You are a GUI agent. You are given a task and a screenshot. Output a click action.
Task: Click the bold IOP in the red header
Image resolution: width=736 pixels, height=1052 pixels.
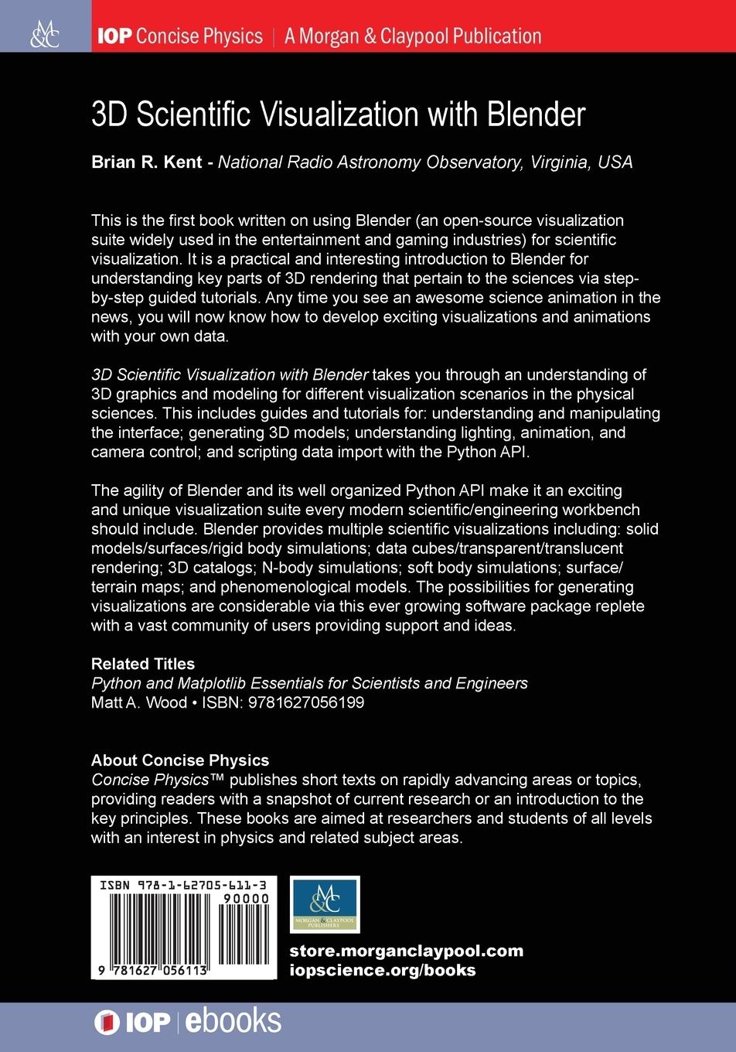point(114,36)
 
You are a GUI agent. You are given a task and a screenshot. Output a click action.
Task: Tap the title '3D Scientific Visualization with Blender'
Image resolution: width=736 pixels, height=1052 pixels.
point(338,114)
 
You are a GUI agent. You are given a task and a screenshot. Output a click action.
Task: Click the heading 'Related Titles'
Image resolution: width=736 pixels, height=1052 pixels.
point(143,664)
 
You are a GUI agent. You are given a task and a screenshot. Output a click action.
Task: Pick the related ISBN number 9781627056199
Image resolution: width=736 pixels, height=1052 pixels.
point(302,702)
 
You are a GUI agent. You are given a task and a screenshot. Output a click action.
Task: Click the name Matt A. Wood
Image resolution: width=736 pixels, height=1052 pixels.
point(139,702)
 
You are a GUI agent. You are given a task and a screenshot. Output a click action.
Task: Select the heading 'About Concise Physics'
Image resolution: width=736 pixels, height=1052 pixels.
point(180,760)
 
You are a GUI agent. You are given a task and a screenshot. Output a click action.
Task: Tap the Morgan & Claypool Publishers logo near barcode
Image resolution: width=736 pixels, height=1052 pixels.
point(325,904)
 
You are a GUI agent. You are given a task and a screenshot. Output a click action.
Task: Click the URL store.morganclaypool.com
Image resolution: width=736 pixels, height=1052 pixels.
point(406,951)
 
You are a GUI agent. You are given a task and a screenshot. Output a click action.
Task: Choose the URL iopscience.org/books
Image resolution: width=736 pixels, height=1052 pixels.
point(383,970)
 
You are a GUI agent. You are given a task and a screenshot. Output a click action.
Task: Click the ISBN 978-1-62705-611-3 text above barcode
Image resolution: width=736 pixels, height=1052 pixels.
point(183,884)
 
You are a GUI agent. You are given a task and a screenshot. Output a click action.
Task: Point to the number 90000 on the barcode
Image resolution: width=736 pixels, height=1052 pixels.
point(245,899)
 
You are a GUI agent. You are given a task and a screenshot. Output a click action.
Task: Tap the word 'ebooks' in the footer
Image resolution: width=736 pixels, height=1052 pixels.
point(233,1021)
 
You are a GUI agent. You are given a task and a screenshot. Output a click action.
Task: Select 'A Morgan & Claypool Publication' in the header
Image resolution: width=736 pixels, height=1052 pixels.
point(413,36)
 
